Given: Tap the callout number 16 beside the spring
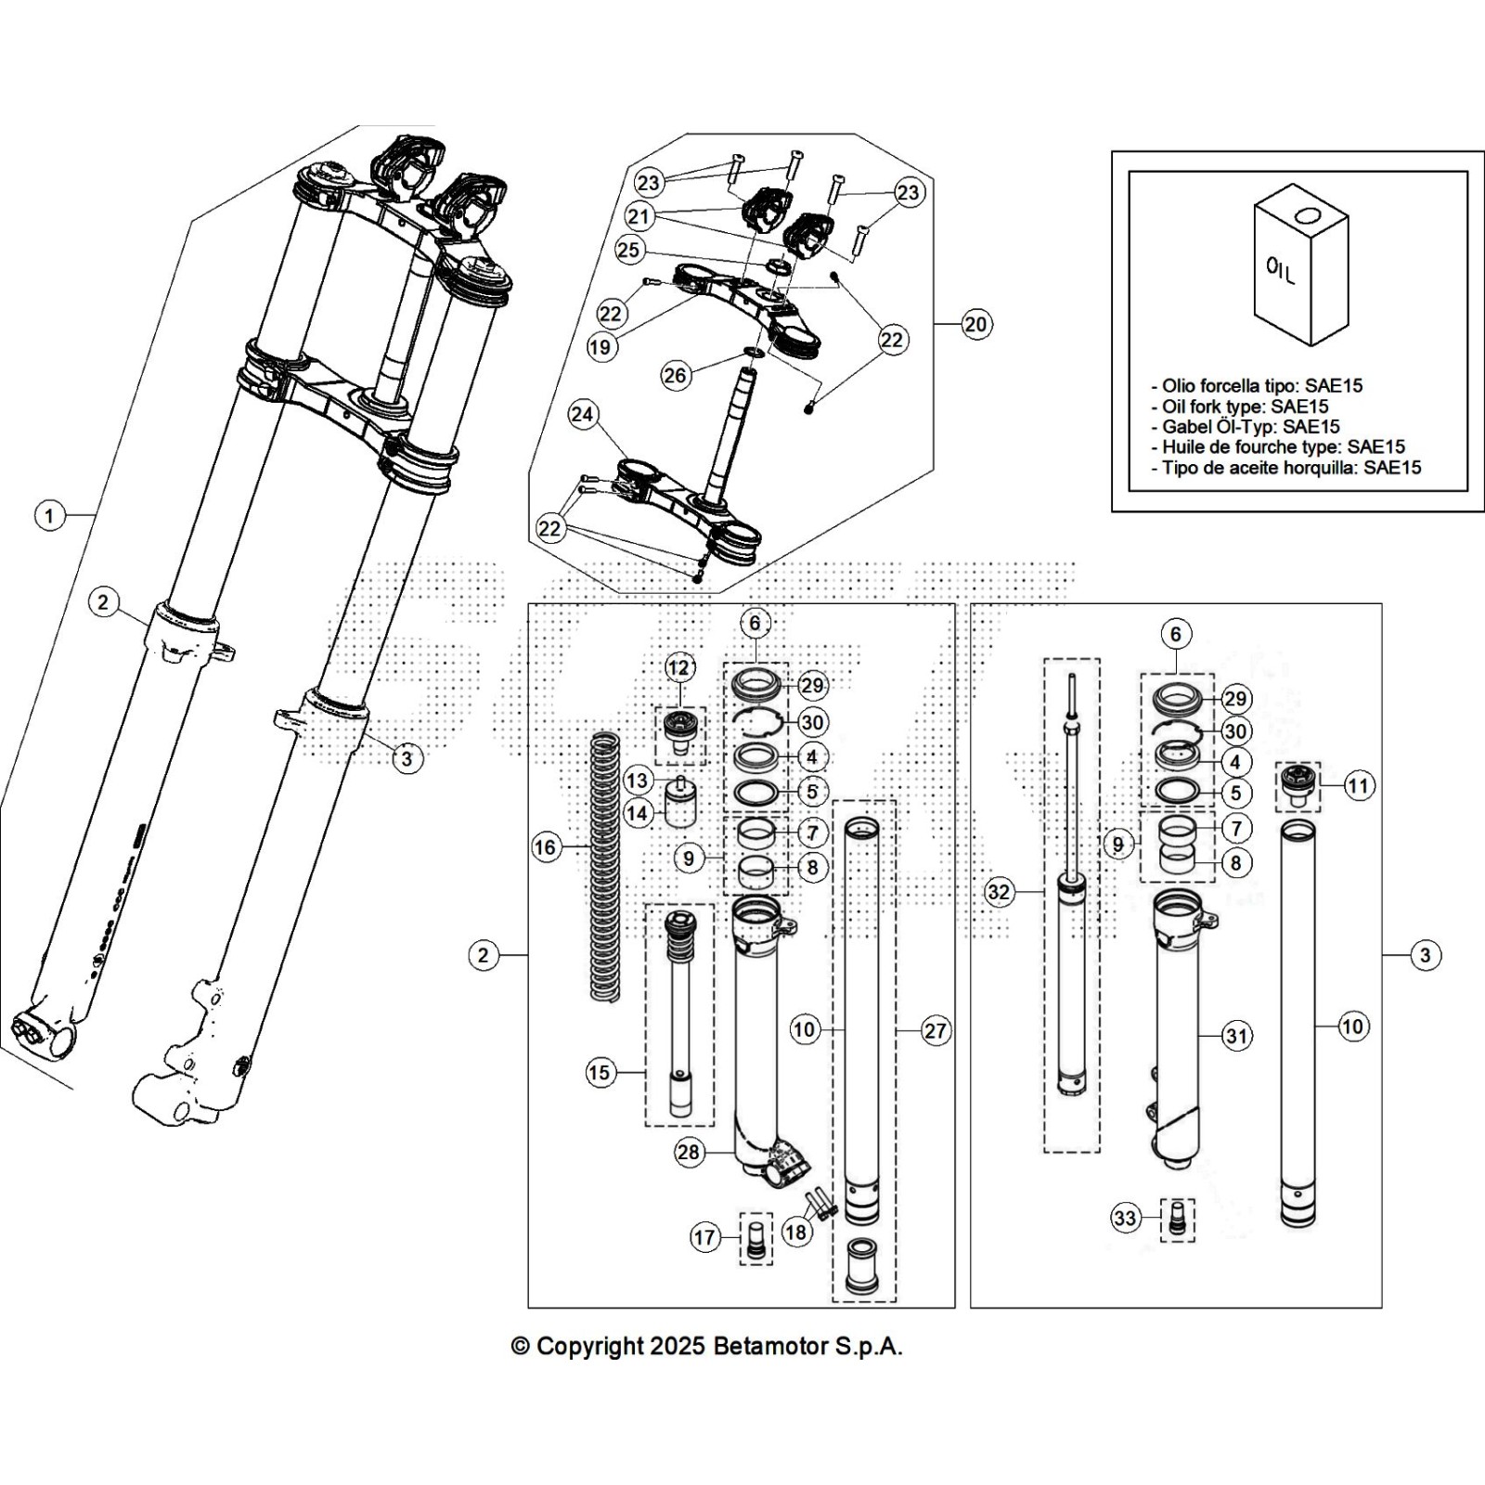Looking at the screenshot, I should coord(545,846).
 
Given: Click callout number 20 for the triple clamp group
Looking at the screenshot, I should coord(975,324).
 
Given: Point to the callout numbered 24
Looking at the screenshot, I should coord(583,414).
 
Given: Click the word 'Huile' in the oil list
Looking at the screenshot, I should coord(1186,447).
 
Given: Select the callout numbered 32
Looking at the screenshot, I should coord(999,893).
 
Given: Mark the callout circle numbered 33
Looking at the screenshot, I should coord(1125,1218).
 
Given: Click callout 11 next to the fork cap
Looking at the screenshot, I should coord(1358,787).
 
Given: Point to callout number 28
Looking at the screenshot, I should coord(688,1153).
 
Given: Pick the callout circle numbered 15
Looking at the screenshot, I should coord(600,1073).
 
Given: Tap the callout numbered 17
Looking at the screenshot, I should coord(704,1237).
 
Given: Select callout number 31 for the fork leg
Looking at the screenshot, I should coord(1236,1036).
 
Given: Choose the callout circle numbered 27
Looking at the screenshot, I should coord(936,1030).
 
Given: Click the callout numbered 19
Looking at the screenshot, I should coord(600,347).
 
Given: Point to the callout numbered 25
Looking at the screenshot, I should coord(628,250).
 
